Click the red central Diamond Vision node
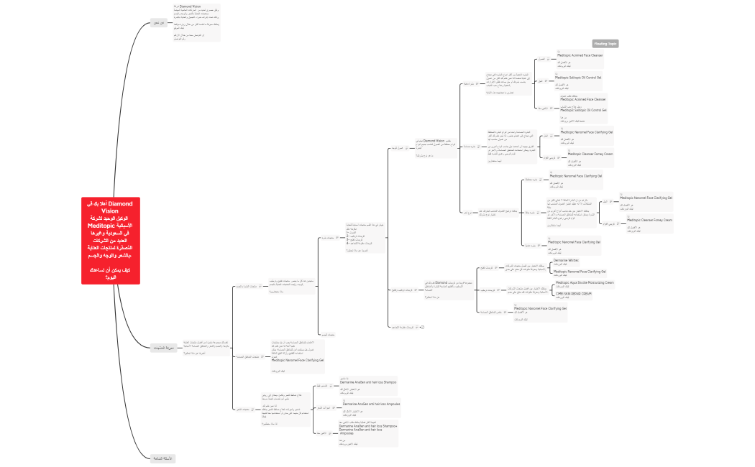coord(111,241)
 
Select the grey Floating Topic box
coord(605,44)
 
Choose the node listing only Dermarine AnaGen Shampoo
coord(367,382)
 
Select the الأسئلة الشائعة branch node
coord(163,458)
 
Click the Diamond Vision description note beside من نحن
coord(196,22)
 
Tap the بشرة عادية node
coord(533,245)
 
